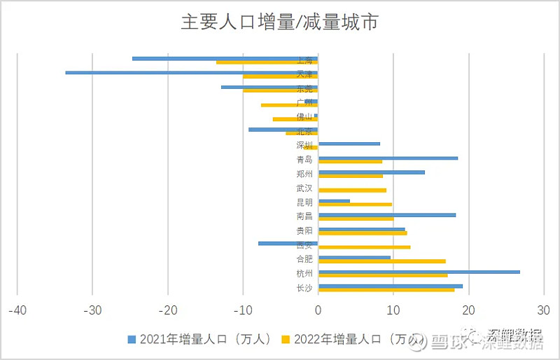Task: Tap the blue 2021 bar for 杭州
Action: [419, 272]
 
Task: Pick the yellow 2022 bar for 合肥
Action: [381, 261]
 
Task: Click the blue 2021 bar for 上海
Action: [225, 58]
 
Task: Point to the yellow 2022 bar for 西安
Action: [364, 247]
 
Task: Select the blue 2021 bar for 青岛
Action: [388, 158]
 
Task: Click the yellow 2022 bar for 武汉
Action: [352, 190]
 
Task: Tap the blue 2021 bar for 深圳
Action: [349, 144]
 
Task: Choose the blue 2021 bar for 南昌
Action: [386, 215]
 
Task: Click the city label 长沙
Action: [304, 288]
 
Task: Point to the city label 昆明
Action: [304, 202]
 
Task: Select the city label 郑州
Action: [304, 174]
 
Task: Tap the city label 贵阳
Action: [304, 231]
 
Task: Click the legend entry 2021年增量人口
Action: [199, 340]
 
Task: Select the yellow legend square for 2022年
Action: [286, 340]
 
